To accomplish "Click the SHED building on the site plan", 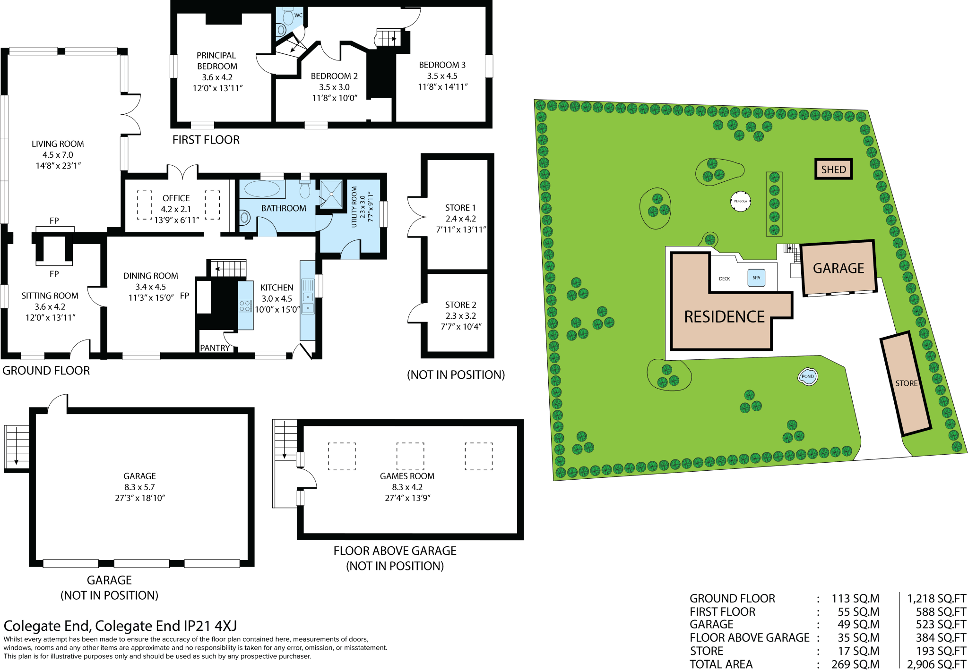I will coord(833,169).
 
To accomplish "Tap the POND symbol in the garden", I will coord(807,376).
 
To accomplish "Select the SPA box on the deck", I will coord(756,278).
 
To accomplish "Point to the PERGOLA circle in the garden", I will coord(740,201).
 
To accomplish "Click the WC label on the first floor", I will coord(298,16).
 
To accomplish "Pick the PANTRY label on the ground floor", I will coord(215,348).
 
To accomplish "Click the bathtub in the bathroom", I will coord(262,189).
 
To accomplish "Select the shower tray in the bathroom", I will coord(331,194).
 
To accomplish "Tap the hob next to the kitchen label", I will coord(245,305).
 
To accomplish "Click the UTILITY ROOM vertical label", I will coord(354,207).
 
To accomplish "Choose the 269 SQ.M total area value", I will coord(855,664).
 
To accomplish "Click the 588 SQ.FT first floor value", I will coord(941,611).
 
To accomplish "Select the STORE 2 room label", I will coord(460,305).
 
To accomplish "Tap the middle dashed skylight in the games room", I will coord(410,456).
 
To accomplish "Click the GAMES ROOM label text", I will coord(407,476).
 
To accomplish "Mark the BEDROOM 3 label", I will coord(442,65).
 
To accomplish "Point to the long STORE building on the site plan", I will coord(905,383).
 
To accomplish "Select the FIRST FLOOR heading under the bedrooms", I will coord(206,140).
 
